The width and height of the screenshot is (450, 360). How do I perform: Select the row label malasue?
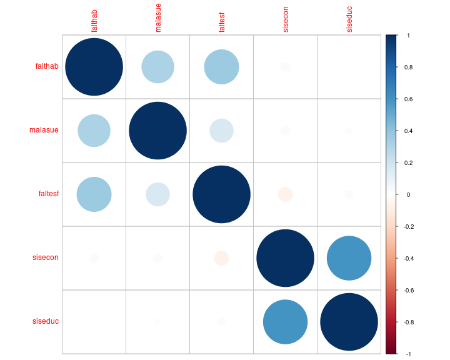[44, 131]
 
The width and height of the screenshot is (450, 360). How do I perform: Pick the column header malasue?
[158, 19]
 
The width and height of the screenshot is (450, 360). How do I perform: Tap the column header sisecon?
[286, 19]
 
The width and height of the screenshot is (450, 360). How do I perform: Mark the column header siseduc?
[349, 19]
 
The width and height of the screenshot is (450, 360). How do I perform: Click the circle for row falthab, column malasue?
[158, 67]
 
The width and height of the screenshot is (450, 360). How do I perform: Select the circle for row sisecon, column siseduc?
[349, 258]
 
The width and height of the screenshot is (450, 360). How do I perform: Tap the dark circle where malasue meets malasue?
[158, 131]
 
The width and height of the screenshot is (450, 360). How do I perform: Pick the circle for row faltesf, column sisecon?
[286, 194]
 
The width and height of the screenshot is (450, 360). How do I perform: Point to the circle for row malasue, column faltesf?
[222, 131]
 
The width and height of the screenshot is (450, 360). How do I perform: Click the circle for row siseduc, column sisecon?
[286, 322]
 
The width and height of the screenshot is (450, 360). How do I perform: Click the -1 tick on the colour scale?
[407, 354]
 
